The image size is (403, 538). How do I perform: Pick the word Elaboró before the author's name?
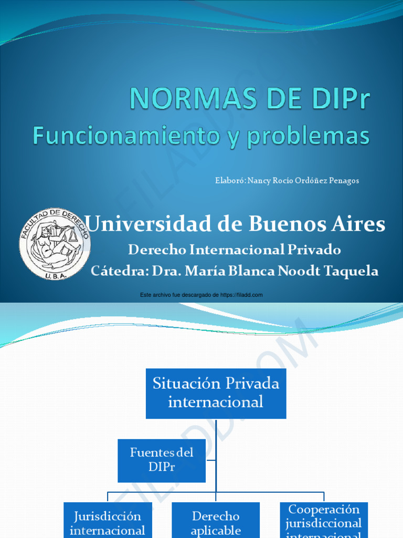click(x=230, y=181)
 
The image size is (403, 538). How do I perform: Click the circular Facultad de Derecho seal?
click(x=55, y=243)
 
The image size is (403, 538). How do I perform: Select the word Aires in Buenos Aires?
click(x=358, y=224)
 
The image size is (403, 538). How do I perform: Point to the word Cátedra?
click(x=119, y=271)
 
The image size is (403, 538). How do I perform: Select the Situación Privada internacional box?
click(x=216, y=393)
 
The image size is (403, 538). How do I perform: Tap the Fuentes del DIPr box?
click(x=162, y=460)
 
